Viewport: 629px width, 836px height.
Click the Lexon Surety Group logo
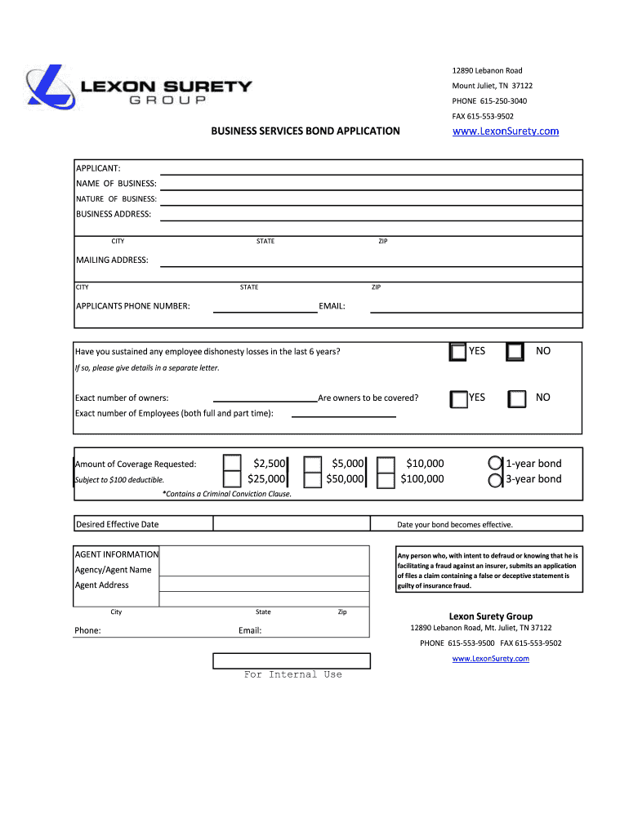[139, 87]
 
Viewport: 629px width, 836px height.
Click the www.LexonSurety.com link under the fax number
[506, 131]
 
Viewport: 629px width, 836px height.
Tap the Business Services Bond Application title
[306, 131]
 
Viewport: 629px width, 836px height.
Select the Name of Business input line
[371, 183]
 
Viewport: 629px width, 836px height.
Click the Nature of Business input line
[371, 198]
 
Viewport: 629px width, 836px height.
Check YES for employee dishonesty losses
[458, 352]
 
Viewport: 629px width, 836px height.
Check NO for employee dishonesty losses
[515, 352]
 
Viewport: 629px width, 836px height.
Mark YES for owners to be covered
[458, 398]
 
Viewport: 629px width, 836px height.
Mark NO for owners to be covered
[516, 398]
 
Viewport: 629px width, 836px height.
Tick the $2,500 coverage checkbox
[233, 464]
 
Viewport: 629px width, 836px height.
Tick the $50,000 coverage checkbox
[312, 480]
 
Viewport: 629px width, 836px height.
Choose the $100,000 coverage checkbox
[386, 480]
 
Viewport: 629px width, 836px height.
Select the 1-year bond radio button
[495, 464]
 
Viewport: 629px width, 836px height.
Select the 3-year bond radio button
[495, 480]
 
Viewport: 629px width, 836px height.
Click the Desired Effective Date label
[118, 524]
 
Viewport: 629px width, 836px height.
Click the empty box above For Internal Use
[292, 660]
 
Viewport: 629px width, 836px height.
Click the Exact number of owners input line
[265, 398]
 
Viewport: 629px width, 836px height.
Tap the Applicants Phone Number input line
[265, 306]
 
